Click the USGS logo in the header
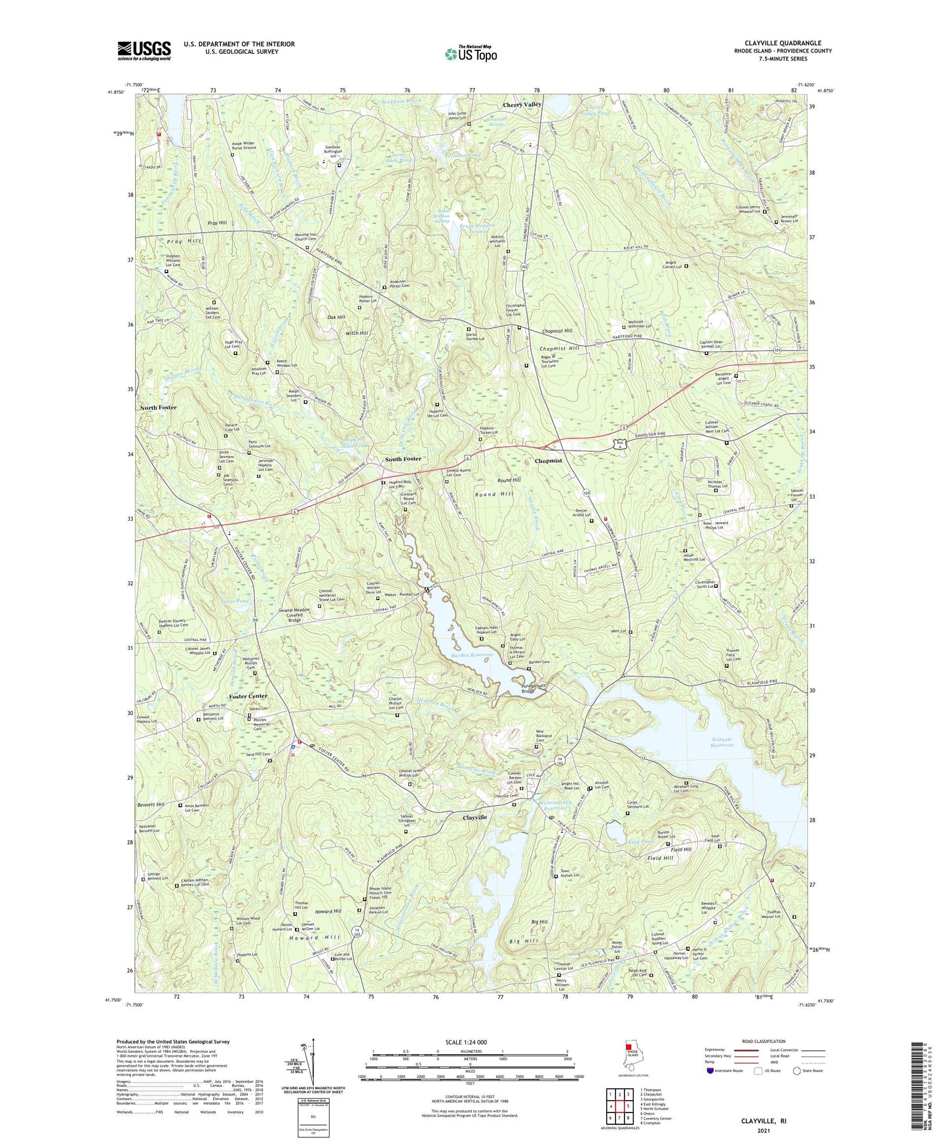tap(144, 50)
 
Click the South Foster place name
tap(403, 459)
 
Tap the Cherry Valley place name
tap(522, 105)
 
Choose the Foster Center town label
tap(248, 696)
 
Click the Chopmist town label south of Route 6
tap(548, 461)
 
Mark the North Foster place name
tap(158, 408)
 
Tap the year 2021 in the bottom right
tap(763, 1130)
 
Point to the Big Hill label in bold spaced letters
tap(525, 942)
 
